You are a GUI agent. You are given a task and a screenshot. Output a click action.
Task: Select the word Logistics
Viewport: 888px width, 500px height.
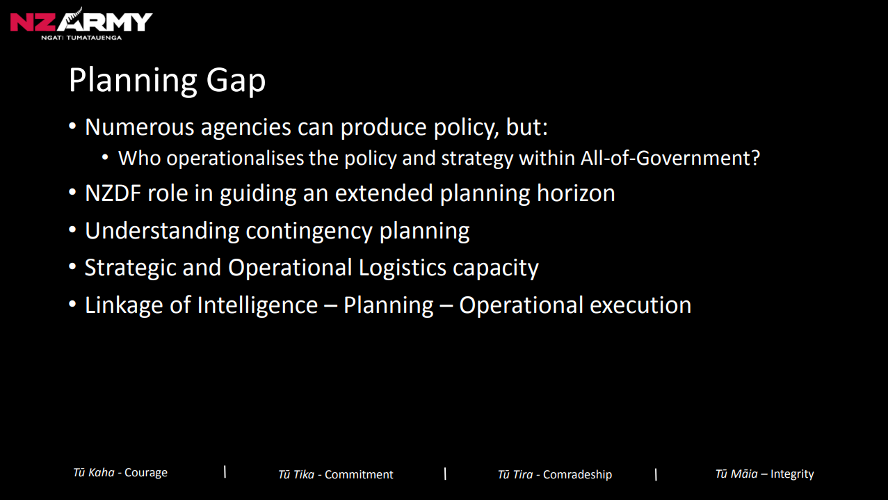(x=403, y=268)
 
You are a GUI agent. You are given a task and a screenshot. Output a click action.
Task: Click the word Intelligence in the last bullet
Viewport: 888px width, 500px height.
(x=257, y=305)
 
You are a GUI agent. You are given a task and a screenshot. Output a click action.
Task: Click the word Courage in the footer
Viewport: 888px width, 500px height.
(x=146, y=473)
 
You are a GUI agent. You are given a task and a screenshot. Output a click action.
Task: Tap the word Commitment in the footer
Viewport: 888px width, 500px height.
(x=359, y=475)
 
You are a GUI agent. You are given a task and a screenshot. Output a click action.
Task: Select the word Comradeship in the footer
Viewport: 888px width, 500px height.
(x=577, y=475)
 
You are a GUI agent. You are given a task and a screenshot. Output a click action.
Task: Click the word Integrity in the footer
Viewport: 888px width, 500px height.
(x=792, y=474)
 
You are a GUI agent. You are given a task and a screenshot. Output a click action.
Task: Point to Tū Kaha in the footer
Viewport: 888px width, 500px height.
(x=94, y=473)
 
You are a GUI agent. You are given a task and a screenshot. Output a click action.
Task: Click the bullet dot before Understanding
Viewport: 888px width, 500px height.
(x=72, y=230)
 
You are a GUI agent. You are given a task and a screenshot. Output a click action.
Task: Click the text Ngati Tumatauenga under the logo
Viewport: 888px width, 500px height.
(x=81, y=38)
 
